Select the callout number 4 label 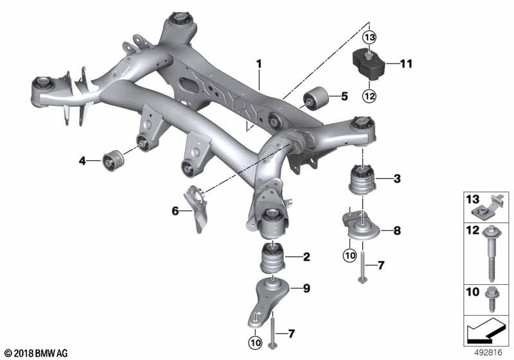(82, 160)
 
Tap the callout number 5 (344, 97)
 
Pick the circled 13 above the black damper (369, 37)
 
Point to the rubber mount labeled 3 (362, 180)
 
